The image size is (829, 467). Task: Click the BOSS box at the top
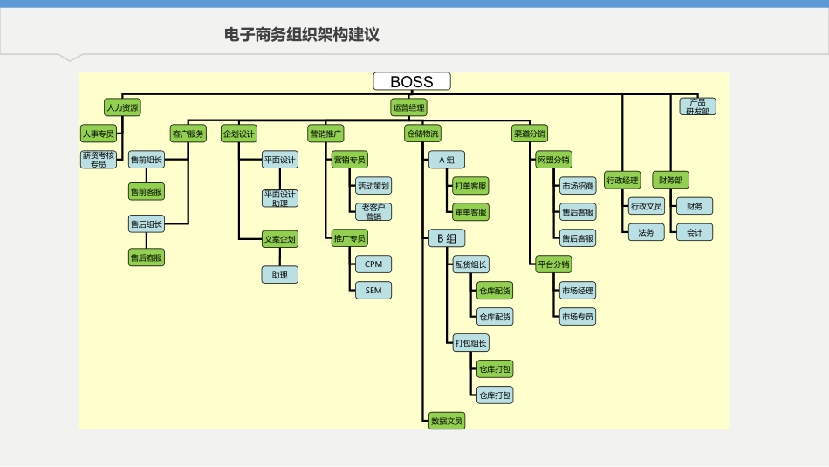(412, 81)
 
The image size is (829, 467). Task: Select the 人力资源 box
(121, 108)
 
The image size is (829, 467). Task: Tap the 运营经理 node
(408, 108)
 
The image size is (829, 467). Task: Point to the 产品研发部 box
(697, 106)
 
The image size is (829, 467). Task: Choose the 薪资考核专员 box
(98, 159)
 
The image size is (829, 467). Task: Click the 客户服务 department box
(188, 134)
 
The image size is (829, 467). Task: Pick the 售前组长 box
(146, 160)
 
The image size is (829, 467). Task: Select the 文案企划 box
(280, 238)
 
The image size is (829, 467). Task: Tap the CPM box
(373, 264)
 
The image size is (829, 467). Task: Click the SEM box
(373, 290)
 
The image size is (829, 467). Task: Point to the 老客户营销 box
(373, 211)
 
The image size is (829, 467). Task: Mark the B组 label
(446, 238)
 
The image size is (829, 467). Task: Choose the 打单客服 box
(471, 186)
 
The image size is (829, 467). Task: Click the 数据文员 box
(447, 421)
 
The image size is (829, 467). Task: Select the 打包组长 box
(471, 343)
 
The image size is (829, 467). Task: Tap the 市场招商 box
(578, 186)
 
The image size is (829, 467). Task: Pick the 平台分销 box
(553, 264)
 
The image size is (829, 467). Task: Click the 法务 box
(646, 232)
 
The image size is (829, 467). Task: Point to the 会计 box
(695, 232)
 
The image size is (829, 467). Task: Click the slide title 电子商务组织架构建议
(302, 35)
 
